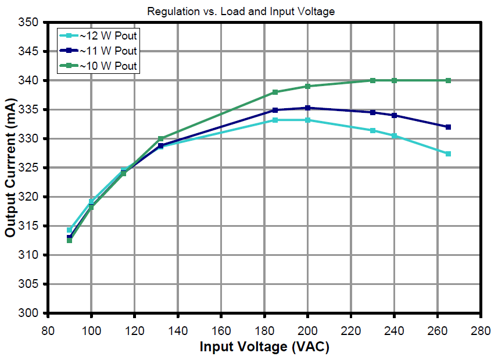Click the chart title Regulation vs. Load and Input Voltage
(241, 11)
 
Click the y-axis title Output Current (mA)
(10, 167)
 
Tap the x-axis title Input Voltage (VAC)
(264, 347)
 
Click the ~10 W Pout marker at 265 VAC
(448, 80)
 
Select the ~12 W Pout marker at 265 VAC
(448, 154)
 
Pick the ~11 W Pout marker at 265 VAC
(448, 127)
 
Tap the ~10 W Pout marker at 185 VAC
(275, 92)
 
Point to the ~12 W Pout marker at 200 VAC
(307, 120)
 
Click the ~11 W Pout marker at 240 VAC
(394, 115)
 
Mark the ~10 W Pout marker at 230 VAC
(372, 80)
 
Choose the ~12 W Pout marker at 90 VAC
(69, 230)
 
